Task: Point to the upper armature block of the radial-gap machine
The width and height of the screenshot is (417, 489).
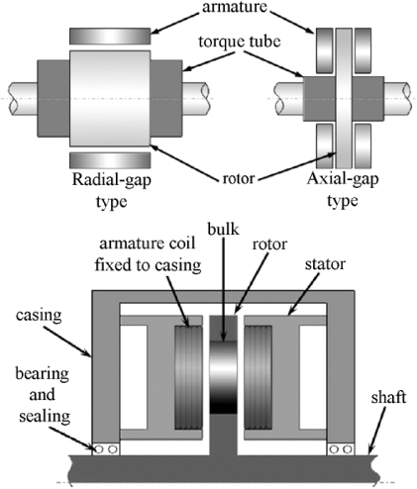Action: click(x=109, y=36)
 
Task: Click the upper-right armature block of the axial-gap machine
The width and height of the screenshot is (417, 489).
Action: click(x=363, y=44)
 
